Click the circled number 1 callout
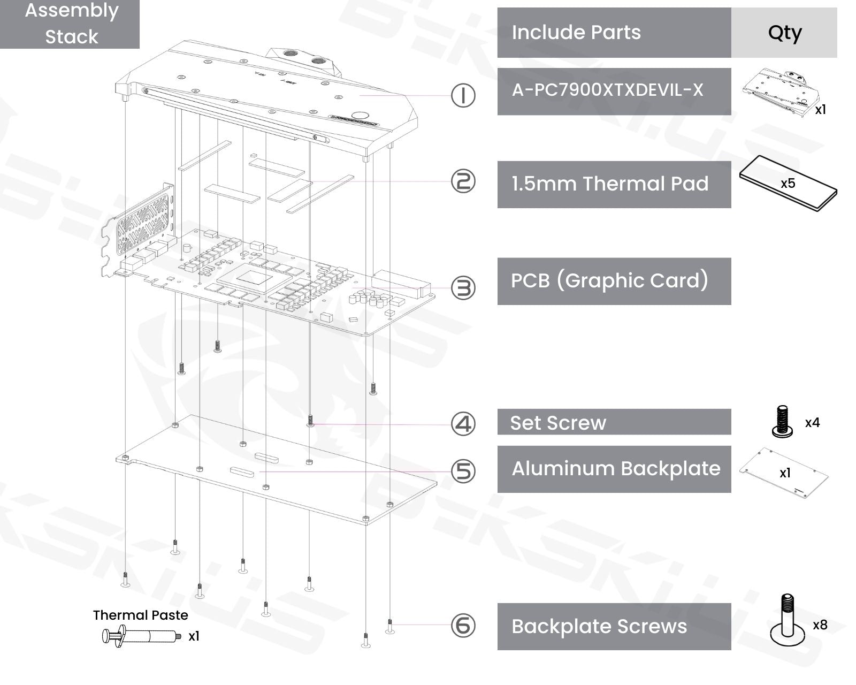[x=463, y=96]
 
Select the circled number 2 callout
[x=463, y=181]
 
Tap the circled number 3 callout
[x=463, y=288]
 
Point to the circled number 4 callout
[x=463, y=424]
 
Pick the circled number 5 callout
[x=463, y=471]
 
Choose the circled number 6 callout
[x=463, y=625]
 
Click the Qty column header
[x=784, y=33]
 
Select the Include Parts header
[x=614, y=33]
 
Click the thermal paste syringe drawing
[x=140, y=636]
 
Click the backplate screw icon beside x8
[x=787, y=620]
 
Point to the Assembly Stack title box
[x=70, y=24]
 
